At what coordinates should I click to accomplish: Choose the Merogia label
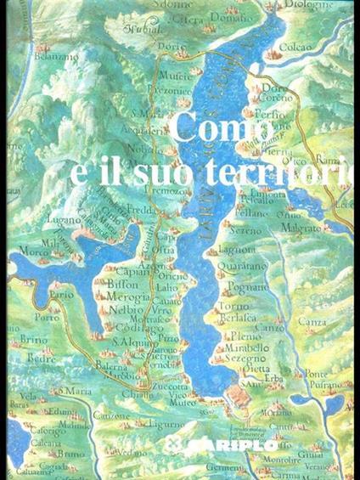click(127, 297)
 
